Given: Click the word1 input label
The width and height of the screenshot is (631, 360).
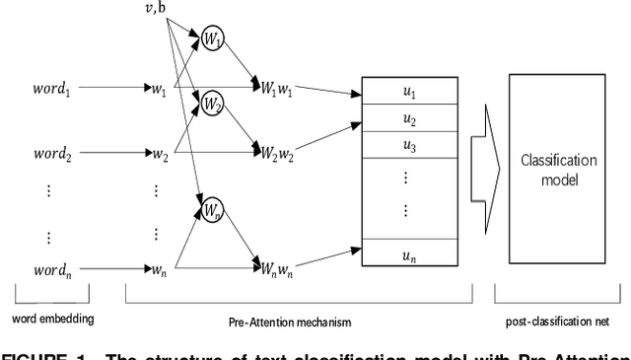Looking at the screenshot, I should (49, 89).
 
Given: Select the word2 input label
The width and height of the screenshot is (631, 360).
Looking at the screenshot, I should (49, 155).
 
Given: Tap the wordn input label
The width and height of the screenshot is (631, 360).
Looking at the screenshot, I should (49, 267).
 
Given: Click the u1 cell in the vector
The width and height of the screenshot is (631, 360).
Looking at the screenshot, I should (409, 94).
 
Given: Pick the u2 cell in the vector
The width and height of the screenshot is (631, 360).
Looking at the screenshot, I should (409, 119).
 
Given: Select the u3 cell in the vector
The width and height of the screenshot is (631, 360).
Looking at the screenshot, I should (409, 146).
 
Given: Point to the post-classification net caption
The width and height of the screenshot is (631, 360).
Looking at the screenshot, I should (558, 321).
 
